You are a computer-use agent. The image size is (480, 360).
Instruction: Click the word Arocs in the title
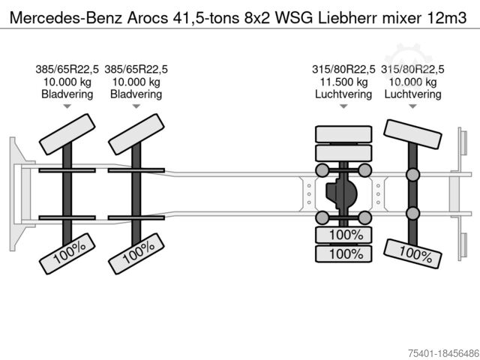[x=148, y=18]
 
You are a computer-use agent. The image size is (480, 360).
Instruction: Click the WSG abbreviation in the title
[x=294, y=18]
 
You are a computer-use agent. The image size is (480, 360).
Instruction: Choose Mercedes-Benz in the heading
[x=66, y=18]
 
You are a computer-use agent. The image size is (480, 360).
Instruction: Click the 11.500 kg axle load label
[x=343, y=82]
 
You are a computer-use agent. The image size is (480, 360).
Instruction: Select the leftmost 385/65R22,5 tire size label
[x=67, y=69]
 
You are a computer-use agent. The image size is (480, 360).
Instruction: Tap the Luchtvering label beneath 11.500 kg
[x=343, y=94]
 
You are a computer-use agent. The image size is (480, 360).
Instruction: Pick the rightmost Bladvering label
[x=136, y=94]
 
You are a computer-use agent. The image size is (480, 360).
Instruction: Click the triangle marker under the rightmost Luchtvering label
[x=412, y=106]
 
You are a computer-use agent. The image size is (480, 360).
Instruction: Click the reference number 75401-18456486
[x=443, y=353]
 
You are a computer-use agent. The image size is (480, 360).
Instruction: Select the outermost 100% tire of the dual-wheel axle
[x=343, y=253]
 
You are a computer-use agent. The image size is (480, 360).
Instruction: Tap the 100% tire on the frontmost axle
[x=67, y=253]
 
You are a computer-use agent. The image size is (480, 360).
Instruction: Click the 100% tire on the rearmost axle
[x=412, y=253]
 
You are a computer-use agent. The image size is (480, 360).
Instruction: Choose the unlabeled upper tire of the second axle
[x=136, y=134]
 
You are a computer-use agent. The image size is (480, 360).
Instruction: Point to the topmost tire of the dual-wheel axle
[x=343, y=134]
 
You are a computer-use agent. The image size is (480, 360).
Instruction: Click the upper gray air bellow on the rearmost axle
[x=412, y=175]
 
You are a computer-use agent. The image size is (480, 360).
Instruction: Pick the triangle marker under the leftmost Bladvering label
[x=67, y=106]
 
